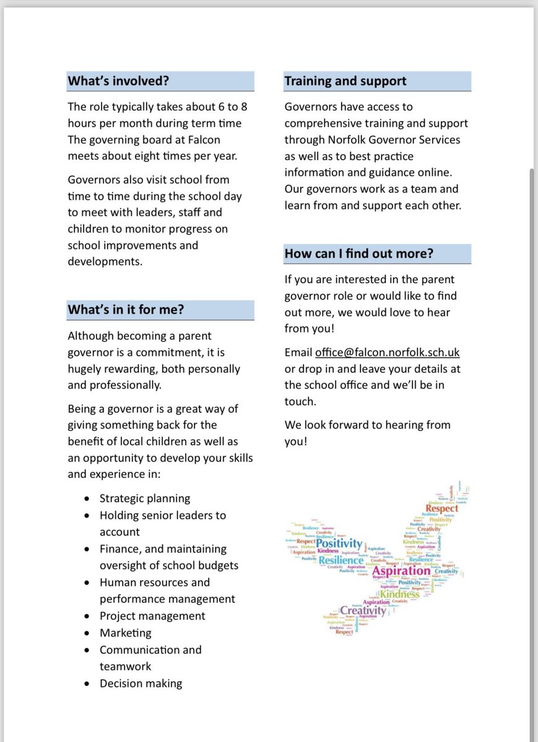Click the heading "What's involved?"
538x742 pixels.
118,81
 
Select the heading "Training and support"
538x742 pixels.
345,81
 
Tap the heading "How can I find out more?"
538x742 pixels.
358,254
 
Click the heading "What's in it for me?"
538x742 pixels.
126,310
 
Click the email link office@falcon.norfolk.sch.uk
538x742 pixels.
387,352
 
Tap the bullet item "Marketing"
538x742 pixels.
125,633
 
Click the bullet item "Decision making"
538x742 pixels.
141,683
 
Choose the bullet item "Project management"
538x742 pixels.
152,616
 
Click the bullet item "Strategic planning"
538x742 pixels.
145,498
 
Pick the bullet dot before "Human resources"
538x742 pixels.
86,582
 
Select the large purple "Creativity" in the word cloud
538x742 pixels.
363,611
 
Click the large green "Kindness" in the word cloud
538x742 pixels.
399,595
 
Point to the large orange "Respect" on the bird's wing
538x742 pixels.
442,508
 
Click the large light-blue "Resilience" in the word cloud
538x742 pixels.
341,560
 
